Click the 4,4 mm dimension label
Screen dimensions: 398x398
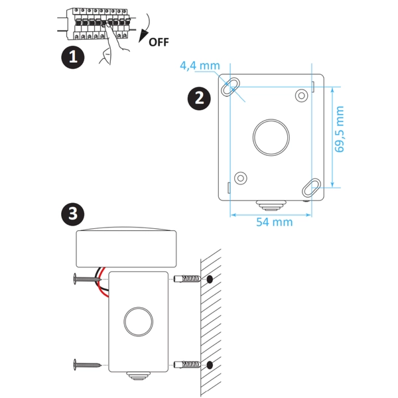click(200, 66)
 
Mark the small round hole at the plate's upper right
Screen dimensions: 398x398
click(301, 96)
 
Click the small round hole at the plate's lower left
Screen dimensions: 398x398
click(240, 177)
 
